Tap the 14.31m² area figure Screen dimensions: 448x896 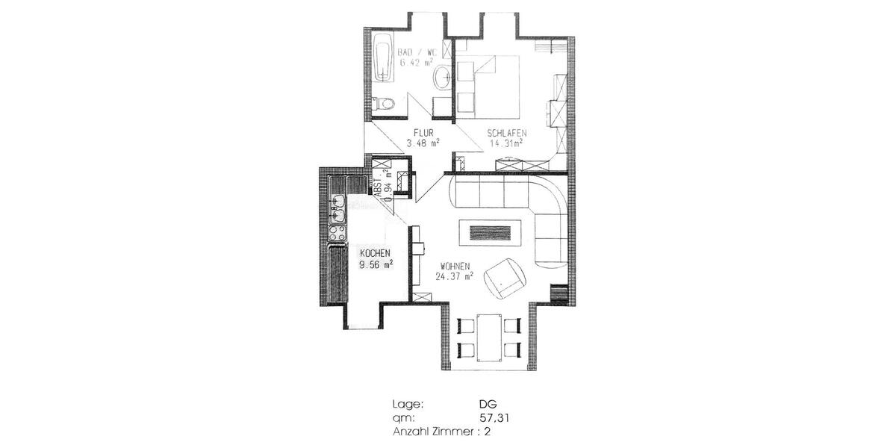point(505,143)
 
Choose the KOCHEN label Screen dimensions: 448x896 point(375,252)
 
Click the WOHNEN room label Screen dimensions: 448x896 point(455,265)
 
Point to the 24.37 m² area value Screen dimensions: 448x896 point(455,276)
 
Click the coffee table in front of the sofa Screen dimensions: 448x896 point(491,231)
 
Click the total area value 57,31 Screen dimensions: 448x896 point(494,418)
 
